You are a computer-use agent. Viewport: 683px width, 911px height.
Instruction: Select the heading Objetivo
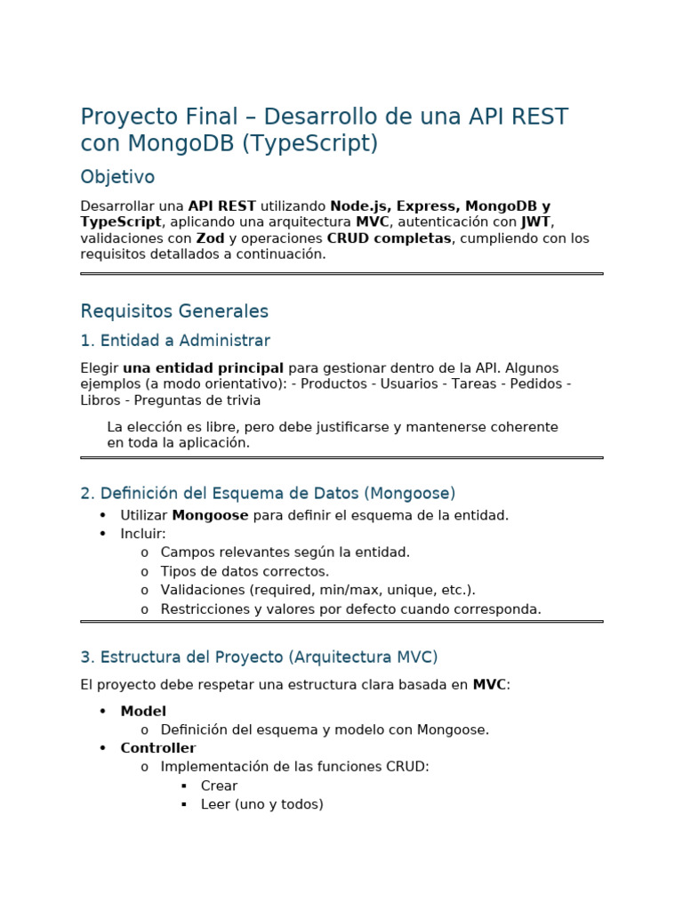coord(117,177)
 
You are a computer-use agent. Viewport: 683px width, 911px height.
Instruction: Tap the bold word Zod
coord(210,238)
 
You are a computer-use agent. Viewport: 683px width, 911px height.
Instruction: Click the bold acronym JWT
coord(536,222)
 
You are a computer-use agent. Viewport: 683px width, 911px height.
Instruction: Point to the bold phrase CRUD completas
coord(389,238)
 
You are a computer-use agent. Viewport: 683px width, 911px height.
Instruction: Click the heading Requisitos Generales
coord(174,311)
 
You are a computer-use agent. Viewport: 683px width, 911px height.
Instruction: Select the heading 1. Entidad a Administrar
coord(175,341)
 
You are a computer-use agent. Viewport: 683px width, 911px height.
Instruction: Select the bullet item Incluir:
coord(143,534)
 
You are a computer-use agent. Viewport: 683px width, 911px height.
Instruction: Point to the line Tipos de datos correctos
coord(245,571)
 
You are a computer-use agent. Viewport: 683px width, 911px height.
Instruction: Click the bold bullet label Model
coord(143,711)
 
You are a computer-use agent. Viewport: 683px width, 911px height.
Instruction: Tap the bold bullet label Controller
coord(158,748)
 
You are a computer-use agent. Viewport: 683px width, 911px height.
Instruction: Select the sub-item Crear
coord(219,786)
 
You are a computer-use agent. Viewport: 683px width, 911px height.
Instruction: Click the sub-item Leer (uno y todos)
coord(261,804)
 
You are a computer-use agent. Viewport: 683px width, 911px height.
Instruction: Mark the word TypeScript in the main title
coord(309,144)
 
